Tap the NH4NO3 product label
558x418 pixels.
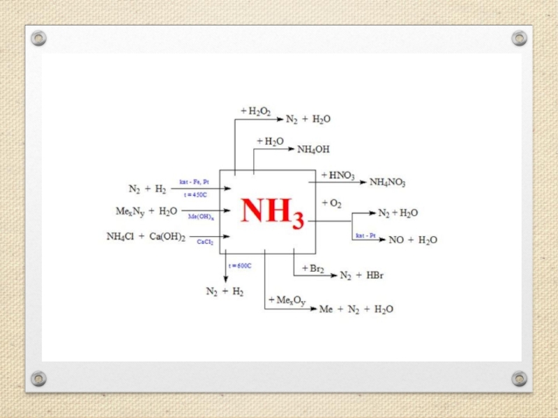pyautogui.click(x=387, y=183)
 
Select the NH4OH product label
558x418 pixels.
pyautogui.click(x=313, y=149)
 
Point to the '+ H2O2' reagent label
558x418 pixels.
pyautogui.click(x=256, y=111)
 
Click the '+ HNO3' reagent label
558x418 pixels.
pyautogui.click(x=338, y=174)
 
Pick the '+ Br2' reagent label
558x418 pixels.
pyautogui.click(x=314, y=268)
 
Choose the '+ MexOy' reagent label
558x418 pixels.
pyautogui.click(x=287, y=300)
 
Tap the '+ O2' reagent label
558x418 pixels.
pyautogui.click(x=331, y=203)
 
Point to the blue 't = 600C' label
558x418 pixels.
pyautogui.click(x=240, y=265)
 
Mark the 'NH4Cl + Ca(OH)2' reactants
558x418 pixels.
pyautogui.click(x=145, y=236)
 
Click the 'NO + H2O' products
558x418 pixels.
pyautogui.click(x=413, y=240)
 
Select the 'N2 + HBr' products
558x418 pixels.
pyautogui.click(x=362, y=276)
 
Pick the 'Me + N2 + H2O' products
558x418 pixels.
pyautogui.click(x=356, y=309)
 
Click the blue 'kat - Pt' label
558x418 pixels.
pyautogui.click(x=365, y=235)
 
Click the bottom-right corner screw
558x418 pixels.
pyautogui.click(x=519, y=379)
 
